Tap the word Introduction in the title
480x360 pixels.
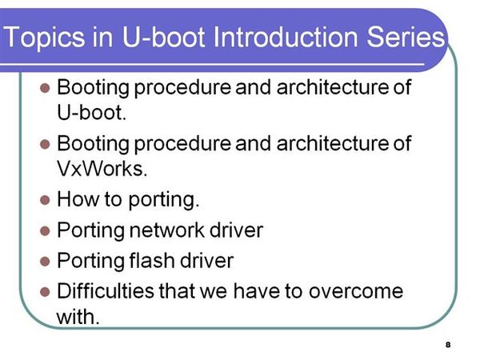(285, 37)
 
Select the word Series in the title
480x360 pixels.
(406, 37)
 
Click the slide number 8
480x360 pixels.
(448, 344)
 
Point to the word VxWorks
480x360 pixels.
(102, 168)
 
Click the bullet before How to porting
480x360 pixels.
(45, 200)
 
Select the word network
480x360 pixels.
(166, 230)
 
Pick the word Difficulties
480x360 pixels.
(106, 291)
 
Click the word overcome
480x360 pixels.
(356, 291)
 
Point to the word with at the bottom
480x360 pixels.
(78, 317)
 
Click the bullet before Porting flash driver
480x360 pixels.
(45, 261)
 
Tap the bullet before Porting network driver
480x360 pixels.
(45, 230)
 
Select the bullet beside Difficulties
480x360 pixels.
(45, 292)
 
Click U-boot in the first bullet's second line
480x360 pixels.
(91, 112)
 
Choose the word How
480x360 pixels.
(78, 199)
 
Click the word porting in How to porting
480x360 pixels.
(163, 200)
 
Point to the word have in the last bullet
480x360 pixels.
(257, 291)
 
